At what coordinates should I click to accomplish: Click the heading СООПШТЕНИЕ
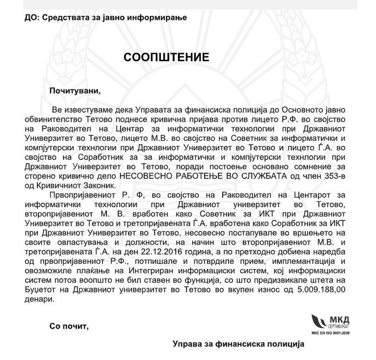[x=166, y=58]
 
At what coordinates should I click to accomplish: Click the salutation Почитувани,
[x=74, y=91]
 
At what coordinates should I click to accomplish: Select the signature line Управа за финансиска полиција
[x=238, y=343]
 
